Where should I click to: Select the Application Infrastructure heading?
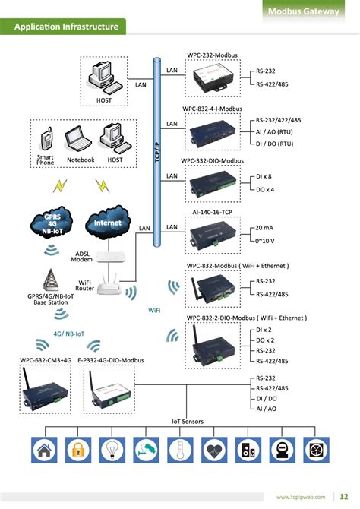tap(66, 27)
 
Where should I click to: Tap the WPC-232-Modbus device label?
tap(214, 56)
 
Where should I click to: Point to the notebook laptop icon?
tap(78, 138)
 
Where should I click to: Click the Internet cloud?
tap(107, 223)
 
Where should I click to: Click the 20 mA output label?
tap(265, 228)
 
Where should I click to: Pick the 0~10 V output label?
tap(266, 241)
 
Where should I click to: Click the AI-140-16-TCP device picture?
tap(213, 234)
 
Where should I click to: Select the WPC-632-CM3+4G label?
tap(45, 359)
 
